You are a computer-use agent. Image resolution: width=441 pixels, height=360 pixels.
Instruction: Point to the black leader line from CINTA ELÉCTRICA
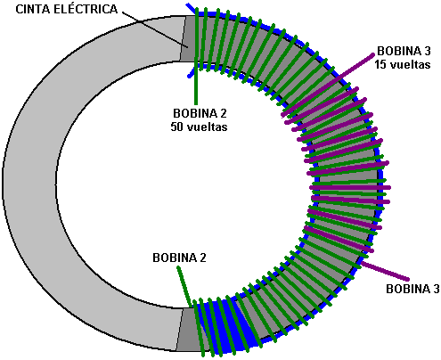point(155,29)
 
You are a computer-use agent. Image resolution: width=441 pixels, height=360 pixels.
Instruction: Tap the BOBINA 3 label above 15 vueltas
point(404,51)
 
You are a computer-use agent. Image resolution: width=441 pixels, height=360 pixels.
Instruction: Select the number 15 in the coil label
point(380,64)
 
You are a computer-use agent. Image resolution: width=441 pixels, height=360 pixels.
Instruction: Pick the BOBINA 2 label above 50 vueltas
point(200,113)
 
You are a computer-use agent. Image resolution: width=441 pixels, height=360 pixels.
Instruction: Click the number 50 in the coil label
point(177,127)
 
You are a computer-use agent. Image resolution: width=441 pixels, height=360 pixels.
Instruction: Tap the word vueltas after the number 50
point(207,127)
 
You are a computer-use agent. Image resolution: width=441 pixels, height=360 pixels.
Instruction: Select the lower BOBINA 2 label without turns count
point(179,258)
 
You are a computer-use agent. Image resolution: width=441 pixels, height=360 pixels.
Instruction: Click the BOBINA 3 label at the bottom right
point(412,289)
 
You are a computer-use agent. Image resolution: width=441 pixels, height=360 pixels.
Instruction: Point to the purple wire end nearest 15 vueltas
point(373,54)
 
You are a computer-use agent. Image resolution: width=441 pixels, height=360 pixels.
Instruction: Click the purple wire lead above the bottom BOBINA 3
point(385,271)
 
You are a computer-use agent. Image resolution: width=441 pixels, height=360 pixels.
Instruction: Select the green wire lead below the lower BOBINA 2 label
point(184,287)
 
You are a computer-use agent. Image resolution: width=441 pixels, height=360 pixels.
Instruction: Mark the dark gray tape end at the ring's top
point(187,38)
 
